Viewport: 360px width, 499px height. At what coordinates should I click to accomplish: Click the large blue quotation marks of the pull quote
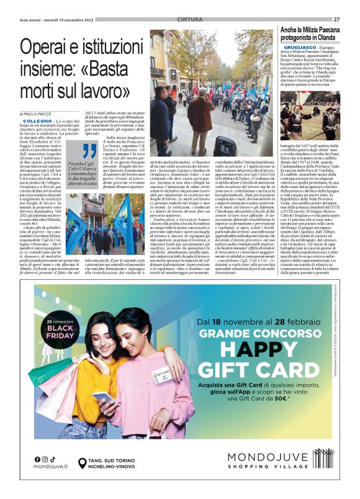click(90, 150)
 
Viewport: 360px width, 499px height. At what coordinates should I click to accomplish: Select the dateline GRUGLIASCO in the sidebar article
click(297, 47)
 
